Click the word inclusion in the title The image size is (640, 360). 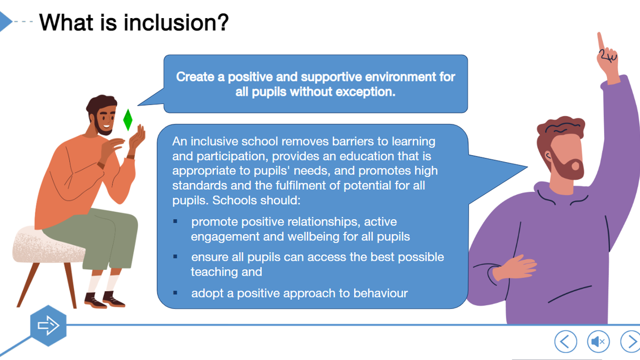pos(176,22)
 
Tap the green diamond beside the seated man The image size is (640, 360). pos(127,120)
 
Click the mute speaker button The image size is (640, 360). pos(598,341)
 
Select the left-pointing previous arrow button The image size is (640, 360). pos(565,341)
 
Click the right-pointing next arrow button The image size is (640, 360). pos(631,341)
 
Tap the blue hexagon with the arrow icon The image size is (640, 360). pos(49,326)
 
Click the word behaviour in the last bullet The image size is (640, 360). pos(380,293)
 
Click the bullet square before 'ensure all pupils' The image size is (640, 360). pos(175,257)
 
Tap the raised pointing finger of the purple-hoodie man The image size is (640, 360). pos(601,42)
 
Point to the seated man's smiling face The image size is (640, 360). pos(105,117)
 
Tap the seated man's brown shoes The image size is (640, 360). pos(105,300)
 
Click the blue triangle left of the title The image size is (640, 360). pos(5,21)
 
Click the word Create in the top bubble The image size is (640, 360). pos(195,77)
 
